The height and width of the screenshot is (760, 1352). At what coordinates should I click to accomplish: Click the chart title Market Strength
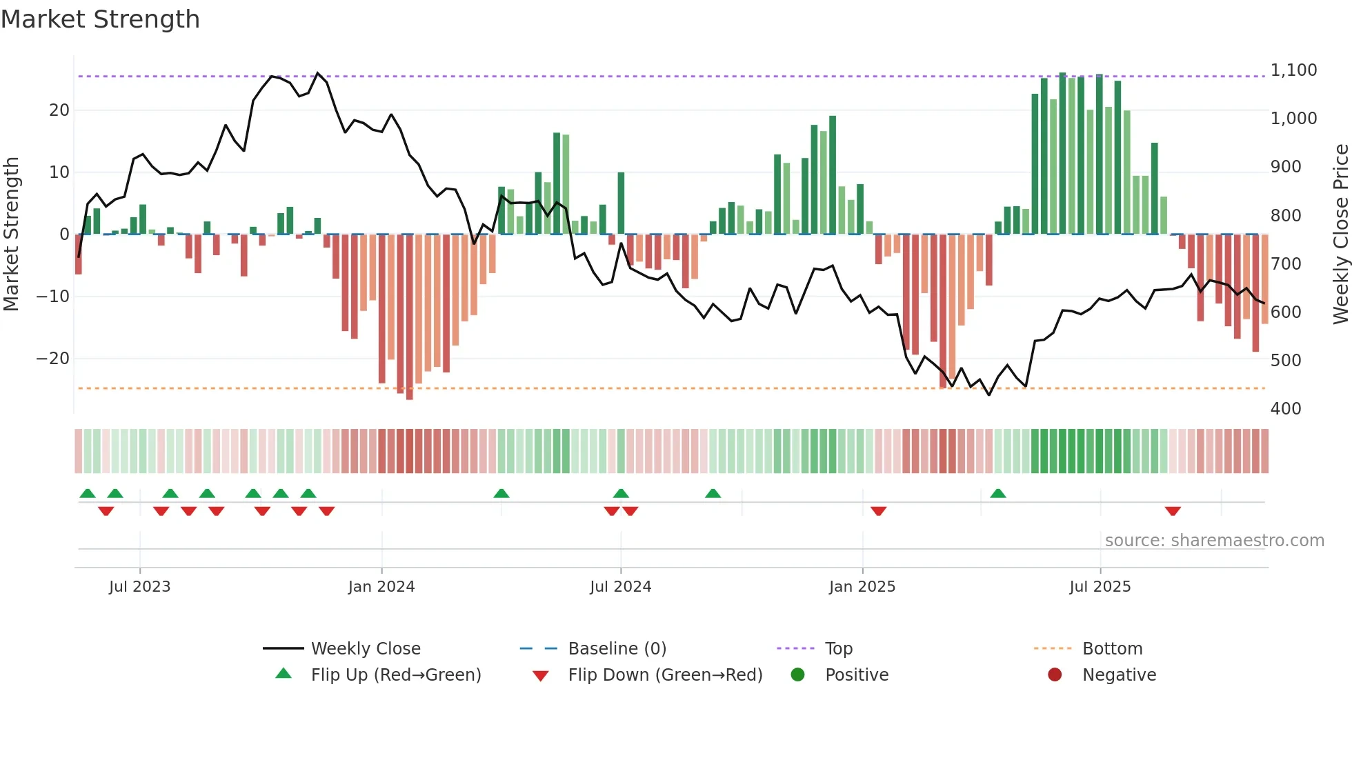coord(100,19)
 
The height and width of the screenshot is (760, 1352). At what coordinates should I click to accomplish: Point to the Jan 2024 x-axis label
coord(381,586)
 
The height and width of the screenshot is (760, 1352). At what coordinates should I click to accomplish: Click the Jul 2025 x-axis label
coord(1100,586)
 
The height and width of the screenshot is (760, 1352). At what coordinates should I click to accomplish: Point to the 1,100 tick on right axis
coord(1293,70)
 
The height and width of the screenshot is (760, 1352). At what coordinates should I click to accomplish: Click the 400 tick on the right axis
coord(1286,408)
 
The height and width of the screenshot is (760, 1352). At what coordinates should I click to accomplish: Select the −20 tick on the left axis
coord(52,359)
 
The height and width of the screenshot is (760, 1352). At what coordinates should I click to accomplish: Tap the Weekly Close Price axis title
coord(1340,234)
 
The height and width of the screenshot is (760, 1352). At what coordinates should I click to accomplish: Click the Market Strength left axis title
coord(11,234)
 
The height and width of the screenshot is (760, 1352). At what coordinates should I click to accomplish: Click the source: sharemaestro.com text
coord(1214,540)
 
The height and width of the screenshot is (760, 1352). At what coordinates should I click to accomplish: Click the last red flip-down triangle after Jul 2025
coord(1173,511)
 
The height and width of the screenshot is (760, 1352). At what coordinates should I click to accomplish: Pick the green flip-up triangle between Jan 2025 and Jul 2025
coord(997,493)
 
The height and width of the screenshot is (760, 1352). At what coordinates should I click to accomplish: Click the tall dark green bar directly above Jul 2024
coord(621,203)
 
